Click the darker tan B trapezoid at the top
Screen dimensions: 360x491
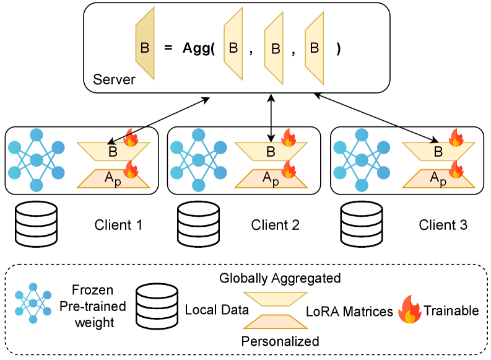[x=145, y=44]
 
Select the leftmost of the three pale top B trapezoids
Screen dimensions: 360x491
[x=233, y=44]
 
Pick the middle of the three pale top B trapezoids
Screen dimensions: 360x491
[x=274, y=48]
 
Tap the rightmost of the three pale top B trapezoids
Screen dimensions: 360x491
[x=314, y=48]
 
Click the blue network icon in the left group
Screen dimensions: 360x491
[x=37, y=160]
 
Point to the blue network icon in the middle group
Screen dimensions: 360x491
[x=198, y=160]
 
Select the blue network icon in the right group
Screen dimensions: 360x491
[x=362, y=160]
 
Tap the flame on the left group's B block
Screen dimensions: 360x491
[x=130, y=138]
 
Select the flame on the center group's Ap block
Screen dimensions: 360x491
[x=289, y=168]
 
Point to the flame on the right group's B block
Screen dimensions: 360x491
[x=456, y=138]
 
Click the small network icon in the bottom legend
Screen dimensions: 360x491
[x=33, y=303]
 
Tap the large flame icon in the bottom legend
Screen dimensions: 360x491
[x=409, y=309]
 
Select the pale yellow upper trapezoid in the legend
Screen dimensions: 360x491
[x=276, y=299]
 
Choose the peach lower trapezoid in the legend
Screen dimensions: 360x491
[x=276, y=322]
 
